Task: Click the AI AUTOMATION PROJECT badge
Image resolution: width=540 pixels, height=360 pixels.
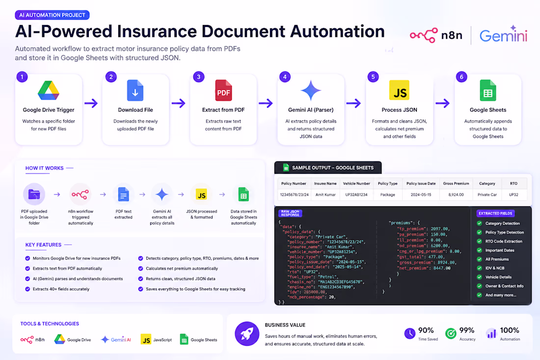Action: coord(52,15)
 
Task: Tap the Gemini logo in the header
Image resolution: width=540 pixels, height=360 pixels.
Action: coord(504,34)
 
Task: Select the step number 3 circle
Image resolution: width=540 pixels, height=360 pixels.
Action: coord(199,77)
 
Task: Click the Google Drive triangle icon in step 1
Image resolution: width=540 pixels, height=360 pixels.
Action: coord(49,90)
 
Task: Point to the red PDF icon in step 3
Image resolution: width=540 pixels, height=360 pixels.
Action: coord(223,90)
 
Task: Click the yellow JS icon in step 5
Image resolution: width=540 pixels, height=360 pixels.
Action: coord(399,90)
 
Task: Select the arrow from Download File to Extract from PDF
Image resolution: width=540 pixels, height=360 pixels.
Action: coord(178,103)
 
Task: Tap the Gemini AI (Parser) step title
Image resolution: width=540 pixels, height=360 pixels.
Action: coord(311,110)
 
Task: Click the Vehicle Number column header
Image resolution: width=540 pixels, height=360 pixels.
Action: coord(356,184)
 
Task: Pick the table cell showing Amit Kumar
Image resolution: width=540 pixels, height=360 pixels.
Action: coord(325,194)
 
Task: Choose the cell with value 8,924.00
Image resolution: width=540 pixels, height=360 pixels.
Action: coord(456,194)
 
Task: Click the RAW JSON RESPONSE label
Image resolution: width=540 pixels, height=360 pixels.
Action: coord(290,213)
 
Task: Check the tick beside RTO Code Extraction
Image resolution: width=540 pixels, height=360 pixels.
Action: coord(480,241)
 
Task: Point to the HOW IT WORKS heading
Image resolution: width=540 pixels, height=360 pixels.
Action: coord(44,168)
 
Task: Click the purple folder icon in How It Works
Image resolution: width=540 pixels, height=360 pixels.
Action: coord(34,194)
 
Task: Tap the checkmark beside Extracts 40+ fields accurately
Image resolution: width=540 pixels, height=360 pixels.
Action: coord(27,289)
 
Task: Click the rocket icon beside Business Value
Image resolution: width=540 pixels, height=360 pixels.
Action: coord(247,333)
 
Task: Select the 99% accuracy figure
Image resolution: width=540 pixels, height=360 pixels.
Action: coord(467,331)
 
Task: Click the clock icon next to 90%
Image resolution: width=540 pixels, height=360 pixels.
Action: coord(410,333)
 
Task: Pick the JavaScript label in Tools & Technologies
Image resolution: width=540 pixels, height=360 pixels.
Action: coord(162,340)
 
